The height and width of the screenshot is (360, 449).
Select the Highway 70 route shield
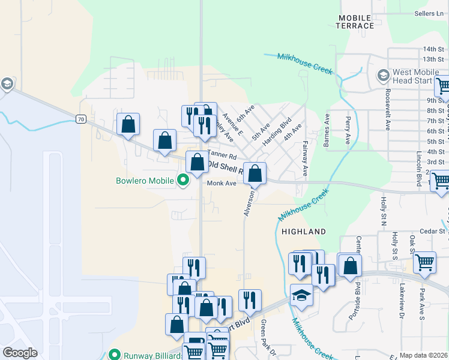click(x=81, y=119)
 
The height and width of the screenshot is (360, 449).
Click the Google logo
click(x=20, y=353)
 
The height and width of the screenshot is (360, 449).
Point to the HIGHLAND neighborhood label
click(x=304, y=231)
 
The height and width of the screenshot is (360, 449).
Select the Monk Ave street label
click(x=221, y=184)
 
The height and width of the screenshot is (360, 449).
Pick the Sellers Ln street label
click(x=428, y=13)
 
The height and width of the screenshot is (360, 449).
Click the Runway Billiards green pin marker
click(x=114, y=355)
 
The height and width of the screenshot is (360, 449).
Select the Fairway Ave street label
click(x=305, y=158)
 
